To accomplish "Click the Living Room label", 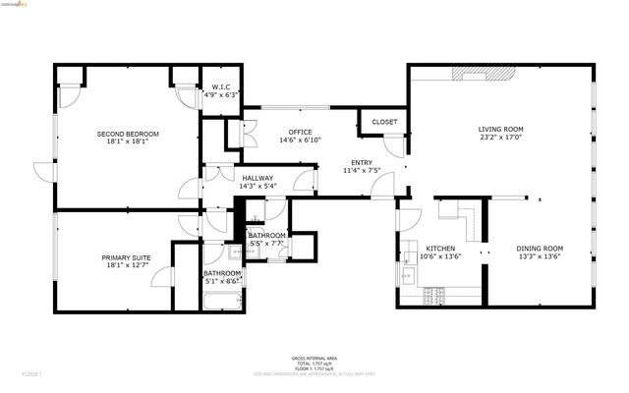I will (500, 129).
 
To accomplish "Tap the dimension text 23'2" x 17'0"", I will (500, 139).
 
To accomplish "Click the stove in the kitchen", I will (433, 293).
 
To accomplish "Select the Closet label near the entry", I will (385, 122).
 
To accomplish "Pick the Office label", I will (300, 132).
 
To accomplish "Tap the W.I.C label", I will (220, 86).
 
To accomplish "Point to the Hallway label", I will (258, 178).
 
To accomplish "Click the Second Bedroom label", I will (127, 133).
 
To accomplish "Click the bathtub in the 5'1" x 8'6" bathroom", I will (221, 297).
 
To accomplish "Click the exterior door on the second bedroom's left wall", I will (43, 172).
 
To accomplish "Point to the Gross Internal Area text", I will (314, 358).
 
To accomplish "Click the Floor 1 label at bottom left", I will (32, 374).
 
